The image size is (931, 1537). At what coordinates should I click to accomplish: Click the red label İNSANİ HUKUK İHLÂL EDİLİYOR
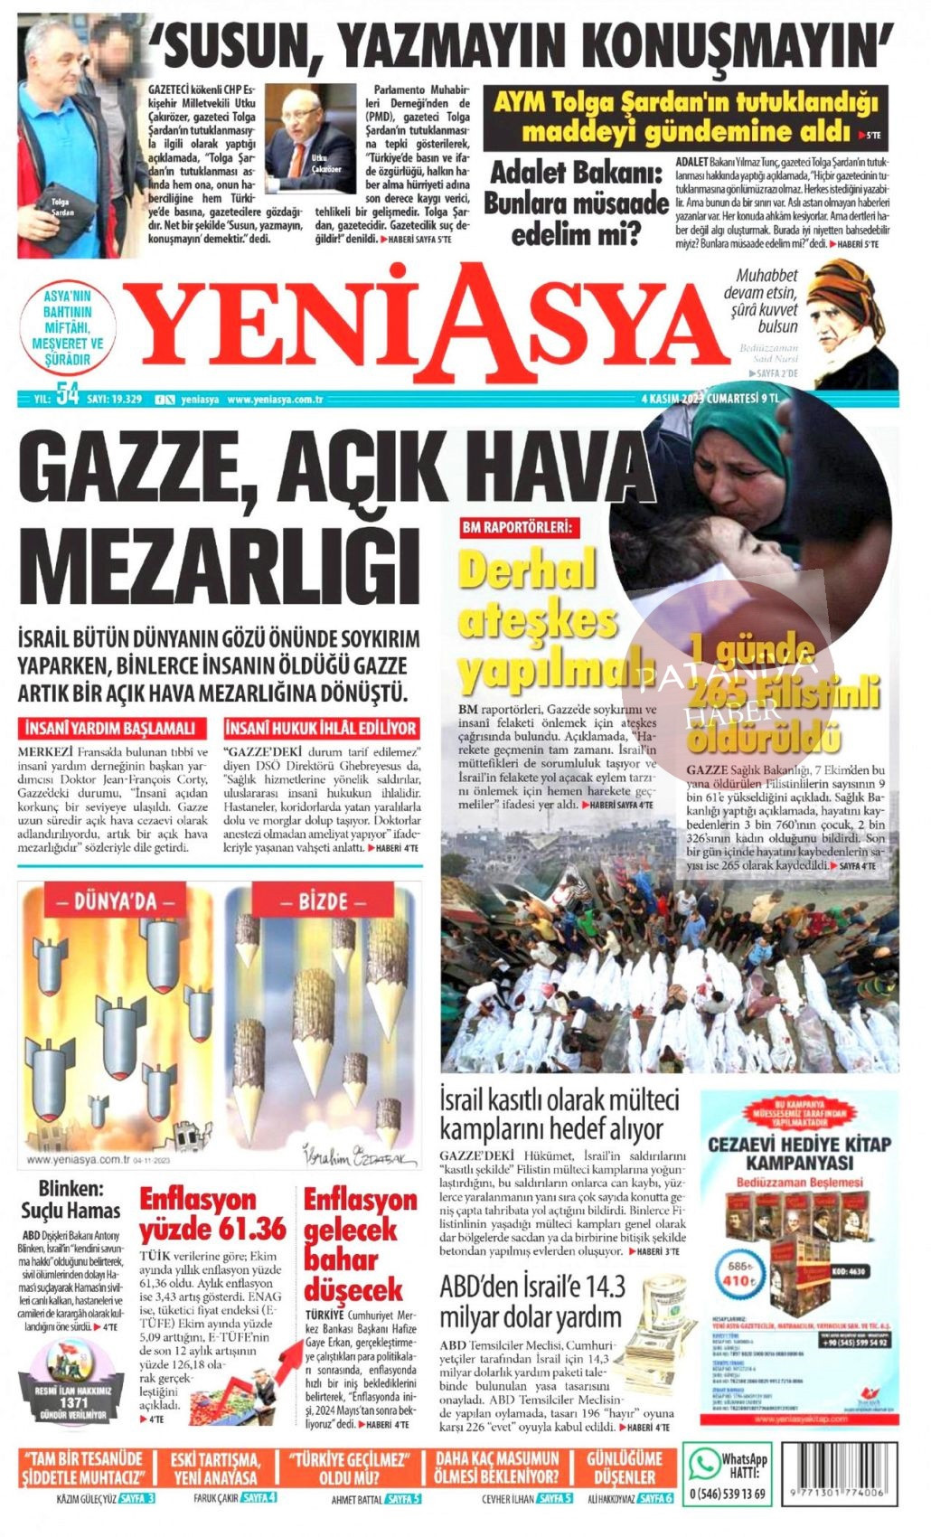[x=322, y=728]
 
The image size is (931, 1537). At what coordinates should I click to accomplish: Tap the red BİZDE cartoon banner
[x=323, y=901]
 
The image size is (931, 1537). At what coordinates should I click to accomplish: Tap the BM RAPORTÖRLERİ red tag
[x=520, y=526]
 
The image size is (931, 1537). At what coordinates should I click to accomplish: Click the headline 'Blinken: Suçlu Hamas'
[x=71, y=1200]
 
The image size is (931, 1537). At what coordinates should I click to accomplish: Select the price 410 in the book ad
[x=738, y=1280]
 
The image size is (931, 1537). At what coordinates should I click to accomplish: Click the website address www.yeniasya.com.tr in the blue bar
[x=275, y=399]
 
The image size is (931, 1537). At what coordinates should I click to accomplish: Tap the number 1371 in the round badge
[x=72, y=1401]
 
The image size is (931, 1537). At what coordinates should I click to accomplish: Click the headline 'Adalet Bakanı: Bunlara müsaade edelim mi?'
[x=576, y=203]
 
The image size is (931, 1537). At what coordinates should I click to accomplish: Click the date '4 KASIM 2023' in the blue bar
[x=672, y=398]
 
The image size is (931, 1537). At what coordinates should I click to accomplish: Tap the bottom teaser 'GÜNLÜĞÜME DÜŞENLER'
[x=624, y=1467]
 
